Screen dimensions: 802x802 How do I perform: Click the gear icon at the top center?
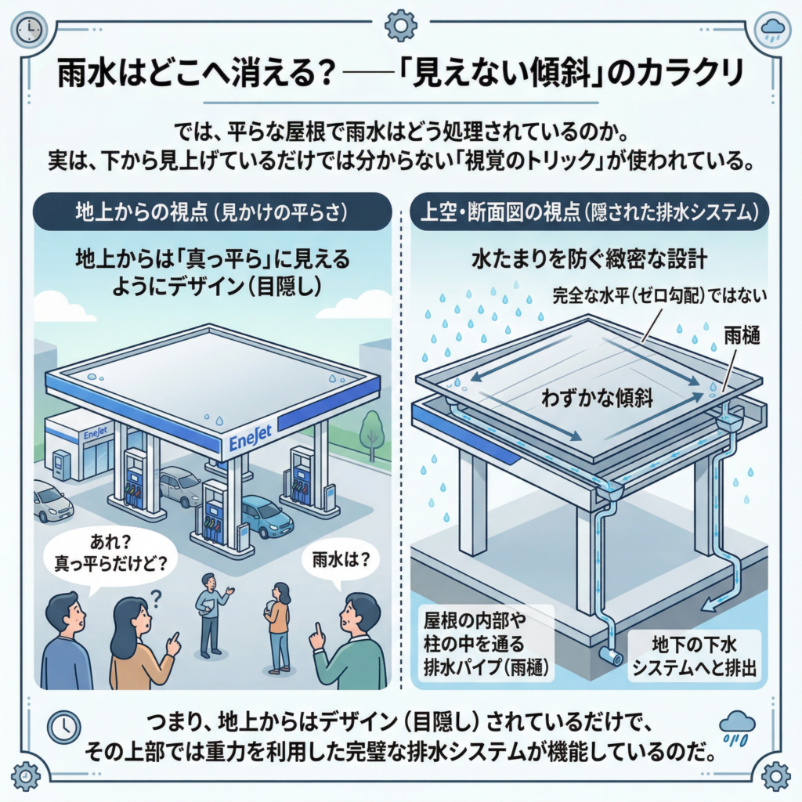[x=400, y=25]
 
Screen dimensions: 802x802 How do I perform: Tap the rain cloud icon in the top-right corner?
[x=772, y=30]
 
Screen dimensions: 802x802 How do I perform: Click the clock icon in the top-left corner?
[x=29, y=29]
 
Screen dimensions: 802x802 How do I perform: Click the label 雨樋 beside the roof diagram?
[x=742, y=336]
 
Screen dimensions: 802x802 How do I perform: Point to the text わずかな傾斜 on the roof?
[x=597, y=397]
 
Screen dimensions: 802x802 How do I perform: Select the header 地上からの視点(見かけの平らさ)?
[x=211, y=211]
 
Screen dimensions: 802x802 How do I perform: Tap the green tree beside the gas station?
[x=372, y=434]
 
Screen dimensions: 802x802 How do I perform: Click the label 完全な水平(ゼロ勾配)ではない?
[x=659, y=295]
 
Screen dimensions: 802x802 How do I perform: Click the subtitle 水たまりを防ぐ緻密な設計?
[x=589, y=259]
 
